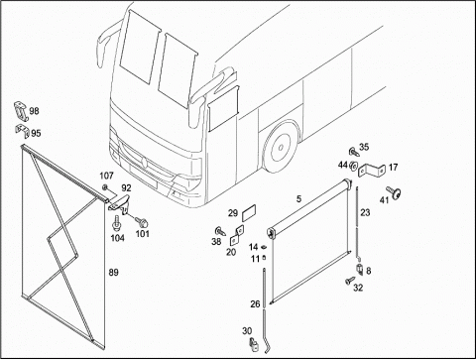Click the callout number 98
(34, 111)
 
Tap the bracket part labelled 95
(22, 131)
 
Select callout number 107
(106, 176)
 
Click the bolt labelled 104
(116, 223)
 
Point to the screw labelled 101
(142, 221)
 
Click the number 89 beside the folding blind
(113, 273)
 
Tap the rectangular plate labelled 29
(249, 213)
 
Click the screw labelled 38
(220, 231)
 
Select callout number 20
(231, 252)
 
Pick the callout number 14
(254, 247)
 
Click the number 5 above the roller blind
(298, 198)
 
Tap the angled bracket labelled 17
(372, 170)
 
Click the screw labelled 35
(354, 153)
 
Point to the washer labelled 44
(353, 166)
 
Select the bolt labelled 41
(394, 192)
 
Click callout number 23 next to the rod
(365, 212)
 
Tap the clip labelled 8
(359, 270)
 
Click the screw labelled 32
(349, 282)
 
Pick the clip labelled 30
(254, 345)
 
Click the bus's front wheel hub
(281, 147)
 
